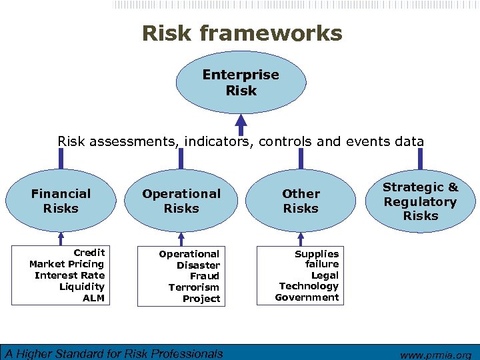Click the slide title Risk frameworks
pos(241,33)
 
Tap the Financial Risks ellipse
pos(61,201)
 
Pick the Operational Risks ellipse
pos(181,201)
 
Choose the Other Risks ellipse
pos(301,201)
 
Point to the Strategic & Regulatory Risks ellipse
pos(420,201)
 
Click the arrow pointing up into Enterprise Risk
pos(241,123)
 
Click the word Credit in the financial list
pos(89,253)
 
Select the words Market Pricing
pos(67,264)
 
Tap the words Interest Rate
pos(69,275)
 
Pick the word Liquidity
pos(81,287)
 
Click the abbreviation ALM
pos(93,298)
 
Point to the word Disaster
pos(198,265)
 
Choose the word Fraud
pos(204,276)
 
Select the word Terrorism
pos(193,287)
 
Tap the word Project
pos(201,299)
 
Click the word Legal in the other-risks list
pos(325,275)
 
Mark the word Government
pos(307,297)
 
